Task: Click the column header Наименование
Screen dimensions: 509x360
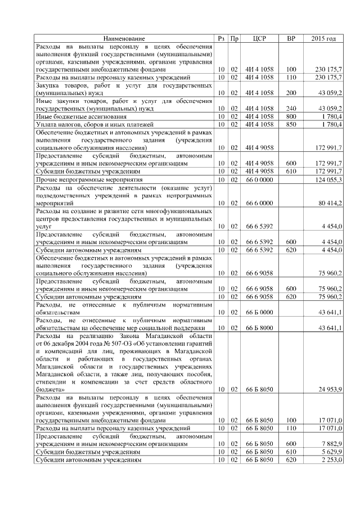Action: tap(125, 38)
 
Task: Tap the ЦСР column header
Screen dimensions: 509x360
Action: tap(260, 38)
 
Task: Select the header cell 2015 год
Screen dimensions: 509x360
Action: tap(323, 38)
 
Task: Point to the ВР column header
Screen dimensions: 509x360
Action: tap(291, 38)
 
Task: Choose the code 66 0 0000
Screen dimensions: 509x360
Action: tap(259, 179)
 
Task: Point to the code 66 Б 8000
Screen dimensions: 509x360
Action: tap(259, 327)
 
